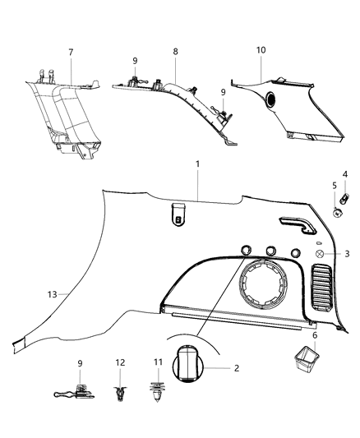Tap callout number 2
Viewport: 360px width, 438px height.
coord(236,368)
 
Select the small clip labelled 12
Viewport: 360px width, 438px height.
coord(122,398)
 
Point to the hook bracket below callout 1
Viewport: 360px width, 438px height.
coord(177,215)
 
